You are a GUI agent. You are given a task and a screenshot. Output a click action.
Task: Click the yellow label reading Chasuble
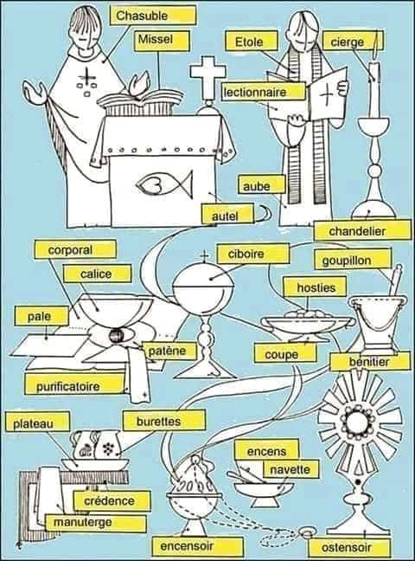coord(153,16)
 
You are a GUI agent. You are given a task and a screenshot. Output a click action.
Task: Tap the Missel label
coord(163,41)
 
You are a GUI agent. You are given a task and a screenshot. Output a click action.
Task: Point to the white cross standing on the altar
coord(207,77)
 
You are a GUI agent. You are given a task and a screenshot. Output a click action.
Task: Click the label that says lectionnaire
coord(265,92)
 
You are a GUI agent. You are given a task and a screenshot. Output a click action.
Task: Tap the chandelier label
coord(362,230)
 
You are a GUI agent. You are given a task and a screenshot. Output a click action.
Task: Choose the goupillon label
coord(353,260)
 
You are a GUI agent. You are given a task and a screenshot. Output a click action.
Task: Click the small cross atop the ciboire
coord(204,257)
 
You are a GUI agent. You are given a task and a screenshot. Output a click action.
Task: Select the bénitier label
coord(369,361)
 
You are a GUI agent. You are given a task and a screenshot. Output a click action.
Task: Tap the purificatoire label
coord(73,384)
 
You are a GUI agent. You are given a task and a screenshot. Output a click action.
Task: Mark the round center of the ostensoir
coord(358,422)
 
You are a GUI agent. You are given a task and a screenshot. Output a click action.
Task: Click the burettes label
coord(164,421)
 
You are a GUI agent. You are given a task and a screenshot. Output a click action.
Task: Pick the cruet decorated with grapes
coord(108,446)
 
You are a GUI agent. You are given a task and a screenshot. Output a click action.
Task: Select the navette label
coord(290,468)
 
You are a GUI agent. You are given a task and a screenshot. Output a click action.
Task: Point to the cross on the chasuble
coord(86,76)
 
